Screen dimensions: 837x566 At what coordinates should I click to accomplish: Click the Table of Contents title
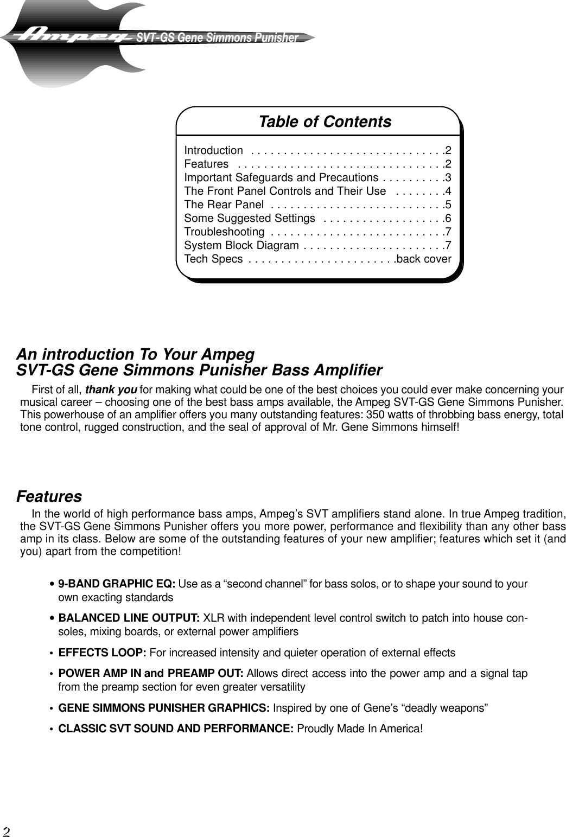pyautogui.click(x=325, y=122)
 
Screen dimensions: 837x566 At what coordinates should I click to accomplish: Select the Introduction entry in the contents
pyautogui.click(x=213, y=150)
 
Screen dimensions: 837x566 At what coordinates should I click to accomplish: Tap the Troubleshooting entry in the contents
pyautogui.click(x=224, y=232)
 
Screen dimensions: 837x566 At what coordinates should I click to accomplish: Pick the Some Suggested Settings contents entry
pyautogui.click(x=250, y=218)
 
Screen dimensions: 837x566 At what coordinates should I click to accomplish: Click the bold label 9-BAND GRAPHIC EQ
pyautogui.click(x=116, y=584)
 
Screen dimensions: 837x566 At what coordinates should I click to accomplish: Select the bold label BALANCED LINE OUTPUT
pyautogui.click(x=129, y=619)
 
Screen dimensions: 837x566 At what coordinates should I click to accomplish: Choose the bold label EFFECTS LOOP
pyautogui.click(x=102, y=653)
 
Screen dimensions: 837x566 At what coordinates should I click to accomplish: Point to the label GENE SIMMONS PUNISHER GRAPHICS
pyautogui.click(x=163, y=708)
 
